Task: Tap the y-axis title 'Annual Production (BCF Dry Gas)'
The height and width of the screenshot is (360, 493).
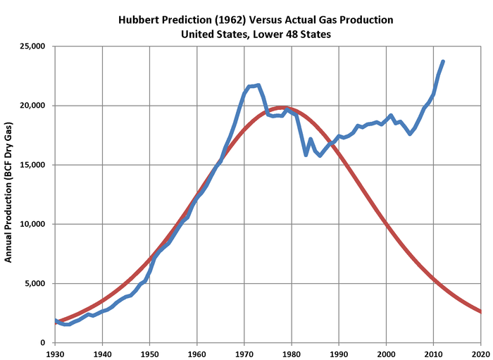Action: point(9,192)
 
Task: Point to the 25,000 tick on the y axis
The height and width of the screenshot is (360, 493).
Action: point(31,46)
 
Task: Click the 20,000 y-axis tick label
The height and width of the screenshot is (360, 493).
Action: point(31,106)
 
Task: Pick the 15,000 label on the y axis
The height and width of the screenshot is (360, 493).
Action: point(31,165)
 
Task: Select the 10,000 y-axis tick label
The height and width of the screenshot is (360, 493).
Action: point(31,225)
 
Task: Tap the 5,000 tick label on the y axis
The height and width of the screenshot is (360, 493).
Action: point(33,284)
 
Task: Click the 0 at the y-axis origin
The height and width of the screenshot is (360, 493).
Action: point(42,343)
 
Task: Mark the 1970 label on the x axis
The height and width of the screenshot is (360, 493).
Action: point(244,352)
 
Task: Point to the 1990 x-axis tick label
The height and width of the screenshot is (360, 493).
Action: point(339,352)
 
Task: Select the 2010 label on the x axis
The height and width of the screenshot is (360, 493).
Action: point(433,352)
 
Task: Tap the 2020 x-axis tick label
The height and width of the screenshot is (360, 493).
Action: point(480,352)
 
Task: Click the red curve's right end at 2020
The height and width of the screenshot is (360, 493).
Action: point(480,311)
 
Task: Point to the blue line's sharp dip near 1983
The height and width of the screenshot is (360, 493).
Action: point(306,154)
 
